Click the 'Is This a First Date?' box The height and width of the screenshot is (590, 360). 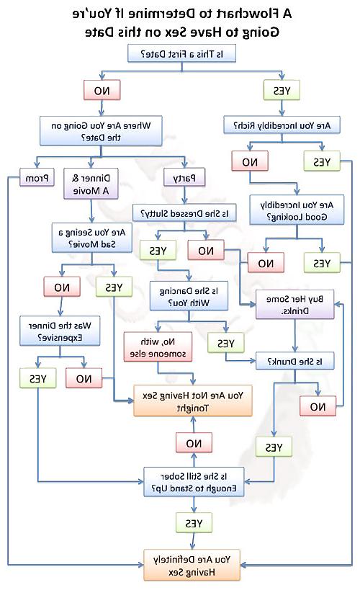[181, 53]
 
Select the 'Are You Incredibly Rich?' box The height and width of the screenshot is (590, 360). [282, 125]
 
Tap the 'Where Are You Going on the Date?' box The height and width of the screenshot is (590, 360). [101, 131]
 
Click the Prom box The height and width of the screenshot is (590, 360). [37, 178]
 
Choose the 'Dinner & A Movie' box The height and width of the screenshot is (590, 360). [91, 184]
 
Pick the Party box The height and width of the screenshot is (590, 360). [184, 177]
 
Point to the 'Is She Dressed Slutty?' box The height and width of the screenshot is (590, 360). [184, 213]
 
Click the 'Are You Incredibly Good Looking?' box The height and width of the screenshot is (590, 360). [297, 210]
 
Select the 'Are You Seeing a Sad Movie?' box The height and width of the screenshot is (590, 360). [92, 238]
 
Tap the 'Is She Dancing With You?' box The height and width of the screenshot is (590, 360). [189, 296]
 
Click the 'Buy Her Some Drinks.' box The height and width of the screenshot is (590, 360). [294, 305]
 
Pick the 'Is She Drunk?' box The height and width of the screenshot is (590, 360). [295, 361]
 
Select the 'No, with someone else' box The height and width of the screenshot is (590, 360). [158, 347]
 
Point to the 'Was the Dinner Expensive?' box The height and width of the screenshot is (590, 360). [60, 331]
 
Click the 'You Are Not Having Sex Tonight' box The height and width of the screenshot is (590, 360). [193, 401]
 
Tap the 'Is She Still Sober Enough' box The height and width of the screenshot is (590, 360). [194, 482]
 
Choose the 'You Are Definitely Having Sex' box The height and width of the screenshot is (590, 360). [192, 566]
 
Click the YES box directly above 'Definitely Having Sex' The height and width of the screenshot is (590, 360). [194, 523]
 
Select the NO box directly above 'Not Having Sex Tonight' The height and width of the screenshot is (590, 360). [194, 443]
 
